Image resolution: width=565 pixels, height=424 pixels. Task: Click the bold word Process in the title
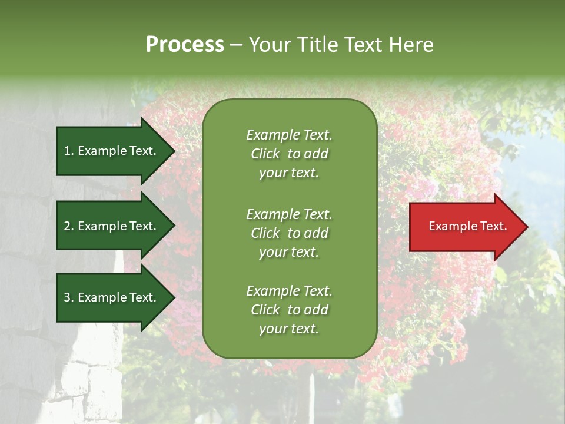click(x=185, y=45)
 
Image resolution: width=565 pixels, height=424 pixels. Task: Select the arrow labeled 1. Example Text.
click(x=112, y=151)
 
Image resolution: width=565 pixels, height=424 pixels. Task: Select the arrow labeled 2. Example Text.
click(x=112, y=226)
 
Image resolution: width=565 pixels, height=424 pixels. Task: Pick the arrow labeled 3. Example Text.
click(x=112, y=297)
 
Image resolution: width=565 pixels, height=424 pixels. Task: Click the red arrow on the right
click(x=465, y=227)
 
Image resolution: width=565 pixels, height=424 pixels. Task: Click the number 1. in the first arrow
click(x=69, y=151)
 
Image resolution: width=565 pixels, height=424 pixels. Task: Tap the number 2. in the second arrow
click(x=69, y=226)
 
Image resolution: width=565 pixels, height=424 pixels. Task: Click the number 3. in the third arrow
click(x=69, y=297)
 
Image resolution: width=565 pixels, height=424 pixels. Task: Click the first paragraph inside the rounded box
click(x=289, y=154)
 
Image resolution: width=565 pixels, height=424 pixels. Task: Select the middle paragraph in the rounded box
click(x=289, y=233)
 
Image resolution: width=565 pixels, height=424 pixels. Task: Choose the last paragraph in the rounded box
click(x=289, y=310)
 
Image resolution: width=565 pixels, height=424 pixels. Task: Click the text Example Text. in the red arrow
click(x=468, y=226)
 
